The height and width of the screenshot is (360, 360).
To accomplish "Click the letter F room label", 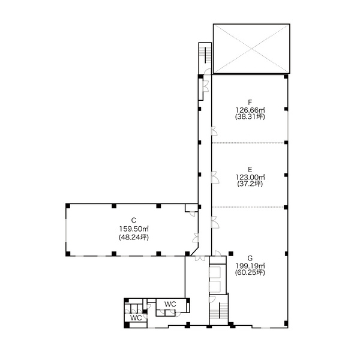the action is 250,102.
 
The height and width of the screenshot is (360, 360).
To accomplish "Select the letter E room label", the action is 250,169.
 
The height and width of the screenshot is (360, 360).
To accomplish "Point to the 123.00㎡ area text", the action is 250,177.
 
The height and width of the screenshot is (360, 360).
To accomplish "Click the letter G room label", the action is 250,259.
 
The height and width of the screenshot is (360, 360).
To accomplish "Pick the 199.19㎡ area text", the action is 250,266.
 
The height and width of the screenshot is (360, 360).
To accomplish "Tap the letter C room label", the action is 134,220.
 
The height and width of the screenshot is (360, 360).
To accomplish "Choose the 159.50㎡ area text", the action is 134,229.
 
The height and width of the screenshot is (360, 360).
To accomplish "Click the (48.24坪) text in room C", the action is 134,237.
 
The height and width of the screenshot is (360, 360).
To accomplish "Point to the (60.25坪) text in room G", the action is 250,272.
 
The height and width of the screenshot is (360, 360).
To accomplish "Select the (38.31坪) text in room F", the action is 250,116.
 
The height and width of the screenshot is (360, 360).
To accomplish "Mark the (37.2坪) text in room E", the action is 250,184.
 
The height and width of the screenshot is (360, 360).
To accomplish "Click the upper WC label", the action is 170,304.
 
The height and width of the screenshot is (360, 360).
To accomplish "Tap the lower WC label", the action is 136,318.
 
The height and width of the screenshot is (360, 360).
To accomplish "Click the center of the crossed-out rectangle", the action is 251,49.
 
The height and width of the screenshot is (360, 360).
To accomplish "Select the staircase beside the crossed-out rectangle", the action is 205,55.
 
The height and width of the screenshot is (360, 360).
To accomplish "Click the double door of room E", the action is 215,177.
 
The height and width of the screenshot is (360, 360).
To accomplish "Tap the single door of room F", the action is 214,131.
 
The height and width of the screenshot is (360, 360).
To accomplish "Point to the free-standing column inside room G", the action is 231,253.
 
